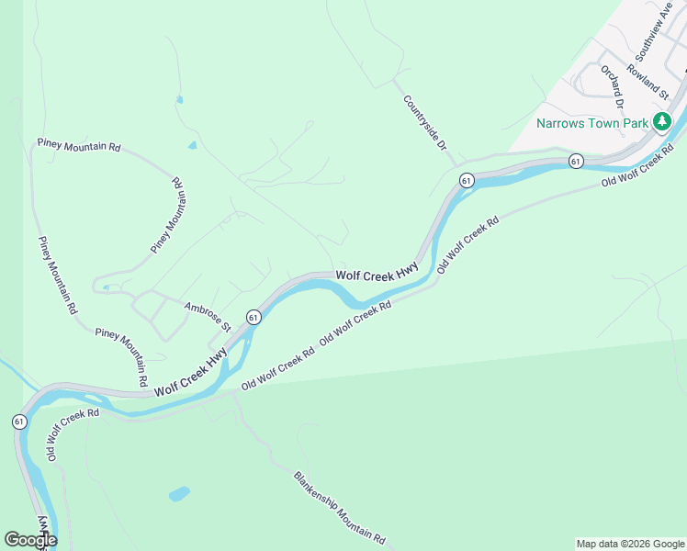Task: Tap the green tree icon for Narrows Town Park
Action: pos(661,121)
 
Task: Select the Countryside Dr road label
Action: pos(424,121)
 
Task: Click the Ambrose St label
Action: pos(208,317)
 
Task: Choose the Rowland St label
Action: pos(649,80)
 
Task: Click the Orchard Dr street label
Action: pos(613,92)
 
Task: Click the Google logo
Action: pos(30,540)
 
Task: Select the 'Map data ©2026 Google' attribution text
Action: pos(629,544)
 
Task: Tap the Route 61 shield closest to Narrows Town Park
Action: pos(575,161)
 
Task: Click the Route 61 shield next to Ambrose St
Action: pos(253,317)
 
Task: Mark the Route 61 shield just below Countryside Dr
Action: pos(467,181)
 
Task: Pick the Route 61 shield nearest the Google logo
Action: pos(18,421)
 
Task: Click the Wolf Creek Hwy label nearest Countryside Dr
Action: pos(377,273)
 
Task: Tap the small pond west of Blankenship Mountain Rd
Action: pos(178,494)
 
